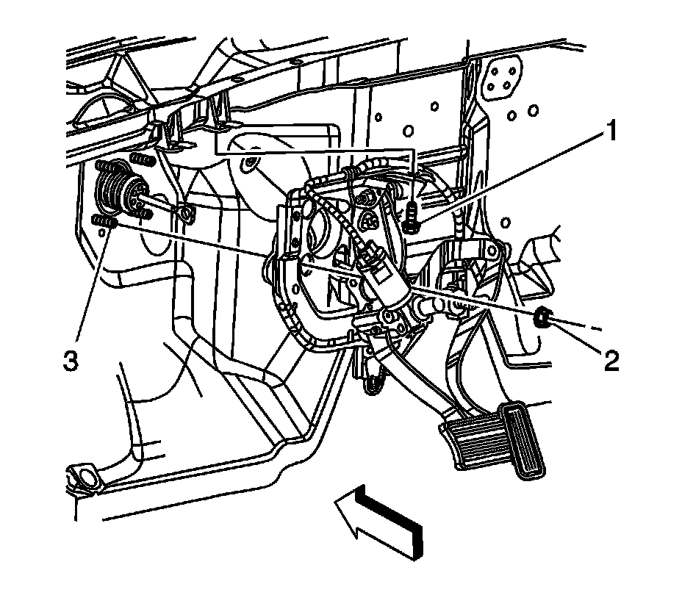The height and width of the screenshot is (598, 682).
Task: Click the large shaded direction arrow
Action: coord(379,519)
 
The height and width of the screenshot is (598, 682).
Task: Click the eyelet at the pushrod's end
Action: coord(186,215)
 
